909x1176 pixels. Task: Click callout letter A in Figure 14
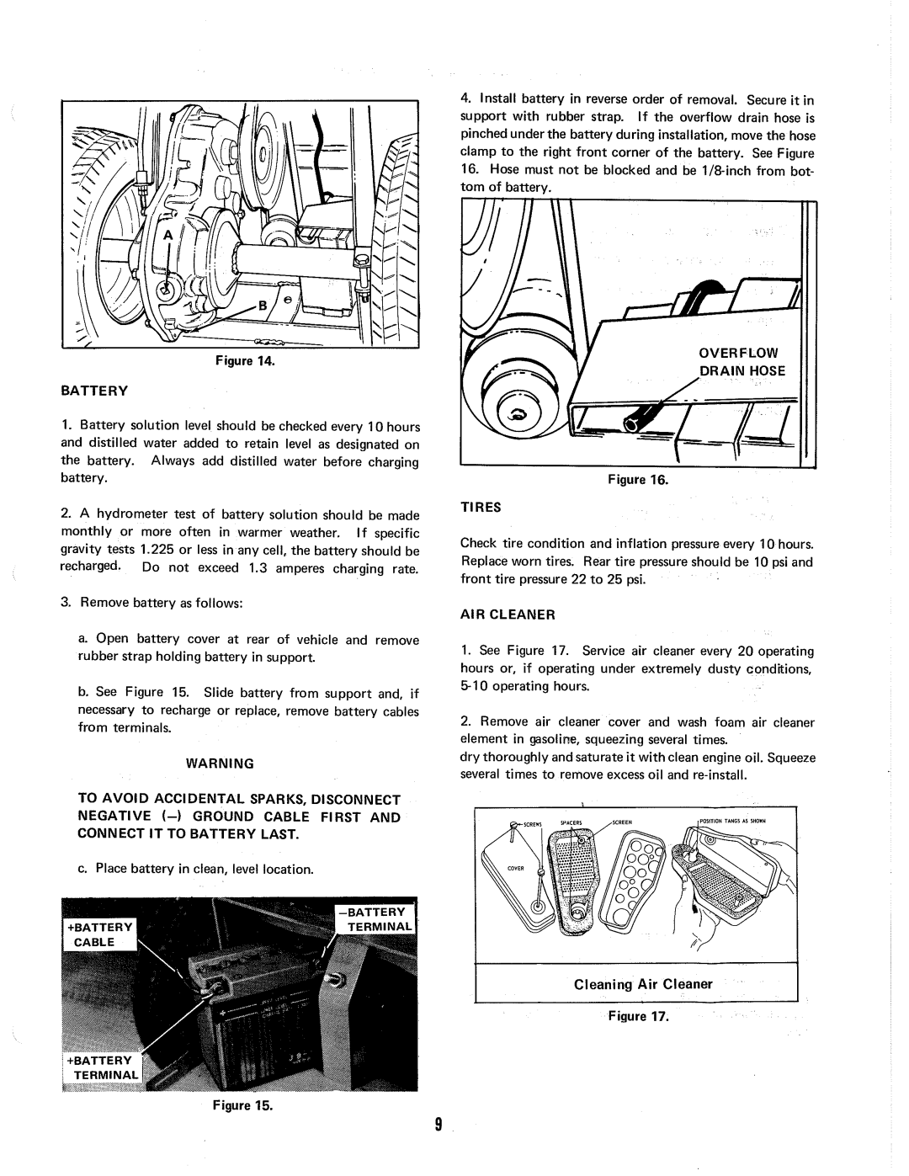[167, 237]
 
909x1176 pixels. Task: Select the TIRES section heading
[480, 508]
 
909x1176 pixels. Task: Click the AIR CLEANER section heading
[508, 615]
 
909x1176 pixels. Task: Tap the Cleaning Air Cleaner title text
[643, 984]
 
